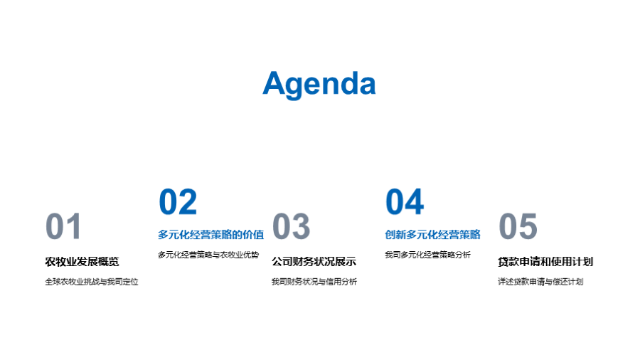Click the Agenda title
319,84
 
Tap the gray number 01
63,226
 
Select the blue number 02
178,201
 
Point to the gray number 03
291,226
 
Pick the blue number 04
405,201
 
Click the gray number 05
518,226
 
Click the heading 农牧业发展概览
82,262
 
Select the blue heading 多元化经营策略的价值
211,235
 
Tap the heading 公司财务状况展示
314,262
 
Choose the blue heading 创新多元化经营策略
432,235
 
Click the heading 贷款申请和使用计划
545,262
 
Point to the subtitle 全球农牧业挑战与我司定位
92,282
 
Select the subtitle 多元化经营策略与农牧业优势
208,255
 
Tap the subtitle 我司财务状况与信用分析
314,282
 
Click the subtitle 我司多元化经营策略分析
428,255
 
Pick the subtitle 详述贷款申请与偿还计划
540,282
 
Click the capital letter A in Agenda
274,83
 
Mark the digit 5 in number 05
528,226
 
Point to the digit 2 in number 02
188,201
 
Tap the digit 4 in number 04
415,201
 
